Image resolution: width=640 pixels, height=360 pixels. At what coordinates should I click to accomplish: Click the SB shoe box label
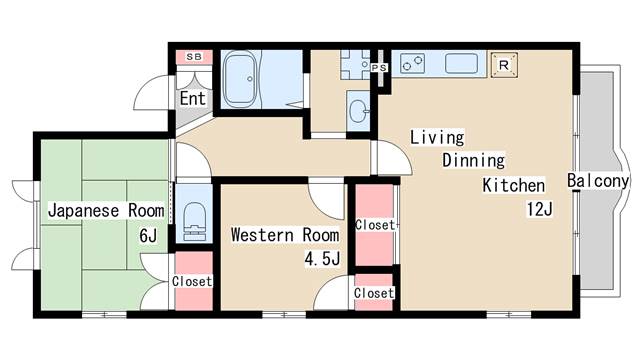(x=194, y=57)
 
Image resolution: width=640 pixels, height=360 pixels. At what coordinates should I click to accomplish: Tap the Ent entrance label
(x=193, y=98)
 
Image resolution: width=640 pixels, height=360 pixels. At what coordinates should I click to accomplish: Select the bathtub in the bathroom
(x=240, y=79)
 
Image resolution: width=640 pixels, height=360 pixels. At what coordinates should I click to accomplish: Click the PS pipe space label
(x=379, y=68)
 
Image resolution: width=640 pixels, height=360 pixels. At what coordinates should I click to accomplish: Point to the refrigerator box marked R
(x=504, y=65)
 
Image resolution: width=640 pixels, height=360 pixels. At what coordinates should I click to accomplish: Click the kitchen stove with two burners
(x=412, y=64)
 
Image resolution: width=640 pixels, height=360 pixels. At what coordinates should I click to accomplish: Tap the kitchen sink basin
(x=461, y=64)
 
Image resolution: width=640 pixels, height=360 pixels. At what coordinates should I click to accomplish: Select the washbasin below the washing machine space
(x=358, y=111)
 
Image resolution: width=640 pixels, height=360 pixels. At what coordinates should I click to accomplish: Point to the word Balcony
(x=598, y=181)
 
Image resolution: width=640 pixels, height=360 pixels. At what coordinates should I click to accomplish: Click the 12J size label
(x=540, y=209)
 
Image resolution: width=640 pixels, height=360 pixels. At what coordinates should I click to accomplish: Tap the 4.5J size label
(x=322, y=258)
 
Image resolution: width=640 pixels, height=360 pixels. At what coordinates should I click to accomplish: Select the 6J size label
(x=148, y=236)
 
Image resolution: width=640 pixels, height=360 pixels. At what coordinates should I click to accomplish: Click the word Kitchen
(x=513, y=185)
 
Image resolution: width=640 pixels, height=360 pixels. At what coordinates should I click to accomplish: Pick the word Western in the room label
(x=262, y=235)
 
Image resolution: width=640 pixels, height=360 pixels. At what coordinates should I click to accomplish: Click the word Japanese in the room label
(x=84, y=211)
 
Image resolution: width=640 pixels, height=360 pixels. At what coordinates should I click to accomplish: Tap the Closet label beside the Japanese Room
(x=192, y=281)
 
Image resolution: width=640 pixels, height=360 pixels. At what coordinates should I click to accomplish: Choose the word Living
(x=437, y=137)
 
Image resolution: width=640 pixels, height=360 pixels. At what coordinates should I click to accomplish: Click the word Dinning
(x=473, y=160)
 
